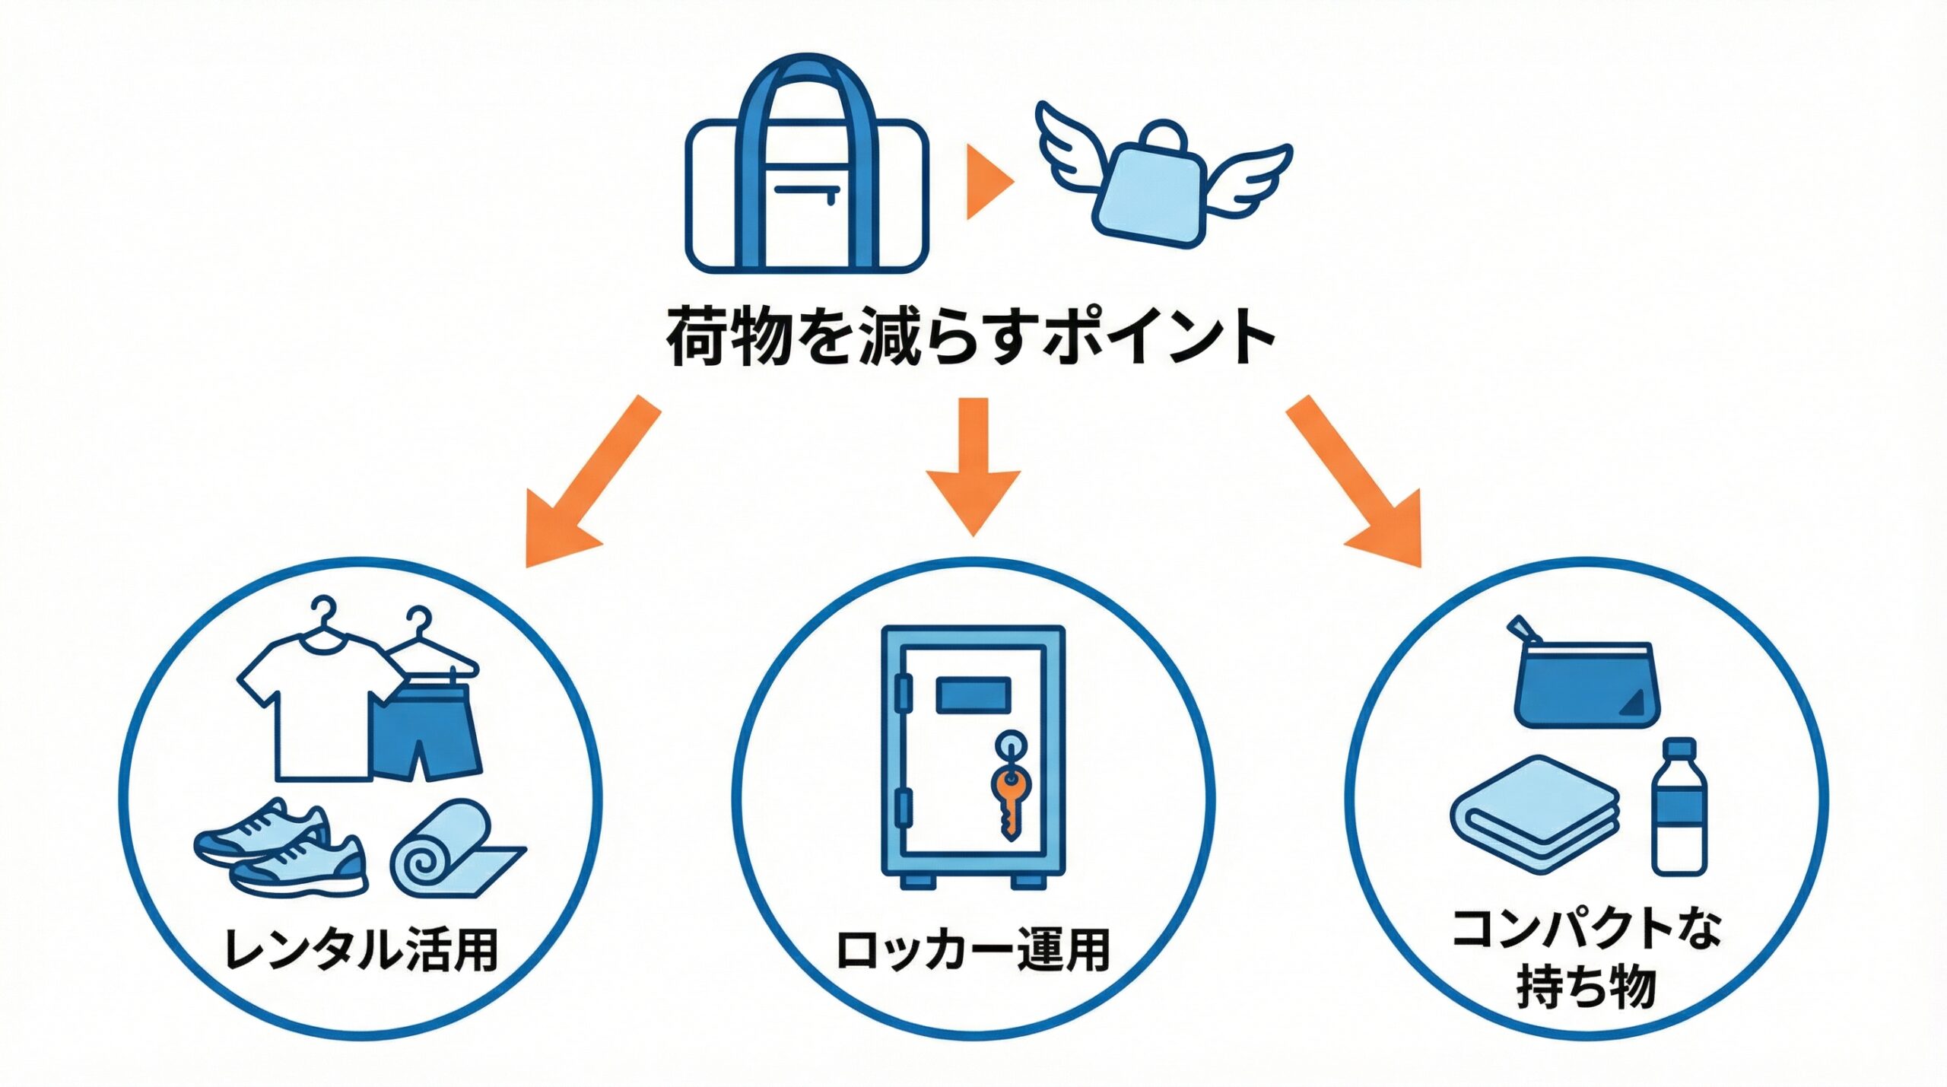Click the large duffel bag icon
tap(807, 175)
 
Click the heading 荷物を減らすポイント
tap(971, 335)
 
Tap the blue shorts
tap(425, 730)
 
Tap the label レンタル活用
tap(361, 951)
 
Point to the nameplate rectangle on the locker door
tap(973, 694)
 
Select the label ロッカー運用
tap(973, 951)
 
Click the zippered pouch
tap(1585, 685)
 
